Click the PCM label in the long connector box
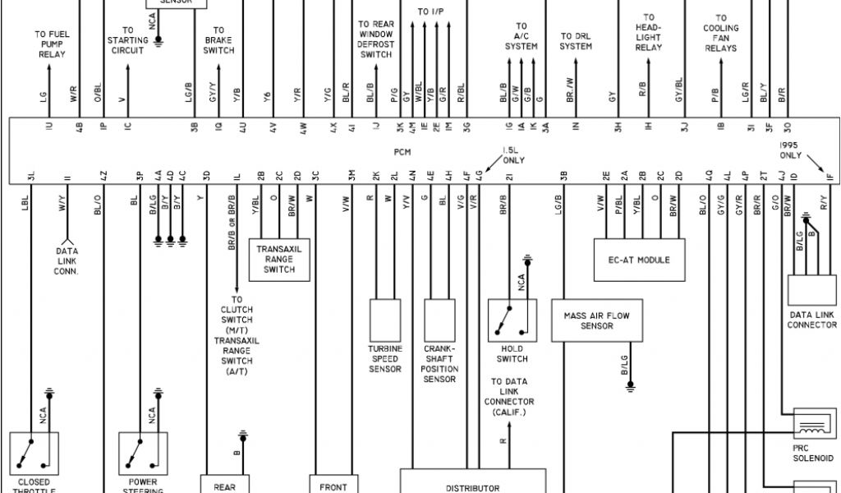[402, 152]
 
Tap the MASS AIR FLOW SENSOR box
[596, 320]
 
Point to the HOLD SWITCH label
[512, 353]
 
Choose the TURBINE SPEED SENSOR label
[384, 359]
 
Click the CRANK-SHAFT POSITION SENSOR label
[439, 364]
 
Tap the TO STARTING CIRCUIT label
[128, 39]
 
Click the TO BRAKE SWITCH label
[218, 40]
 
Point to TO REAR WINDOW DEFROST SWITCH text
[376, 39]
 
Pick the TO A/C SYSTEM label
[522, 36]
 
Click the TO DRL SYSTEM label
[576, 41]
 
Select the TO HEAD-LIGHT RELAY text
[649, 33]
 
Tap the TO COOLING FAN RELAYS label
[720, 33]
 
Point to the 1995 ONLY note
[791, 150]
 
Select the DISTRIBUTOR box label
[472, 487]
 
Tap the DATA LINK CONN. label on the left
[67, 261]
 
